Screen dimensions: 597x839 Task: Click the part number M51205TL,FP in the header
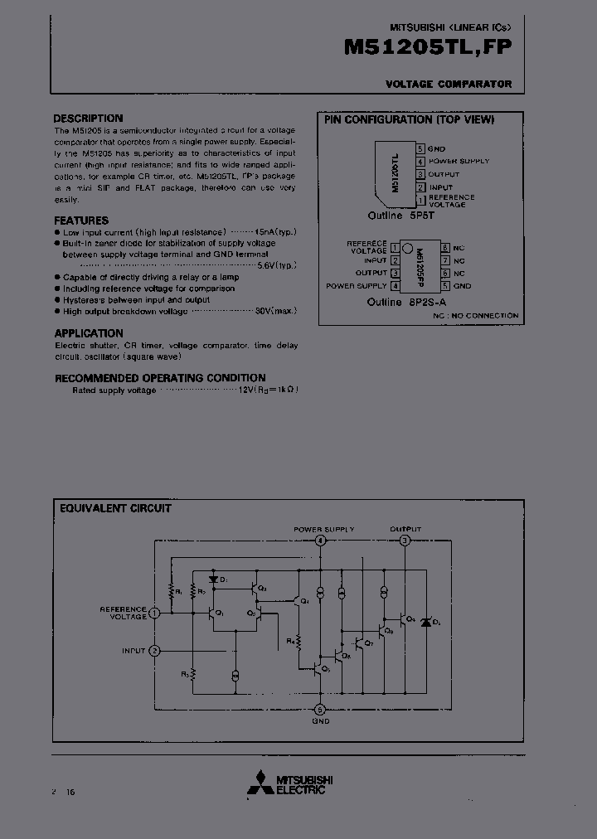pyautogui.click(x=427, y=49)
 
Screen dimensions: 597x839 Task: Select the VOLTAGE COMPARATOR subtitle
pyautogui.click(x=449, y=85)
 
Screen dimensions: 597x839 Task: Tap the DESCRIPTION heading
pyautogui.click(x=88, y=119)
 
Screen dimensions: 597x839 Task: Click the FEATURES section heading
pyautogui.click(x=81, y=221)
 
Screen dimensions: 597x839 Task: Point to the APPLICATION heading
pyautogui.click(x=89, y=333)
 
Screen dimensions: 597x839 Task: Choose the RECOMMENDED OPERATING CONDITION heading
pyautogui.click(x=160, y=378)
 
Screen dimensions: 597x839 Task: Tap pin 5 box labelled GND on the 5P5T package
pyautogui.click(x=420, y=148)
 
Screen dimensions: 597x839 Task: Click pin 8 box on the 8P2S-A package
pyautogui.click(x=445, y=248)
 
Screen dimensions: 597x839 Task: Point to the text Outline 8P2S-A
pyautogui.click(x=407, y=303)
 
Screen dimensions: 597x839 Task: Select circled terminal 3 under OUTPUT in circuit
pyautogui.click(x=405, y=541)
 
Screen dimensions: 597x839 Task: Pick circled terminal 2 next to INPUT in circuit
pyautogui.click(x=154, y=651)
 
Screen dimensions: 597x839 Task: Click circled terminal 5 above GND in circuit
pyautogui.click(x=321, y=709)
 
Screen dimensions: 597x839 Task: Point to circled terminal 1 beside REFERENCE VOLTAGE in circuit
pyautogui.click(x=154, y=613)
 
